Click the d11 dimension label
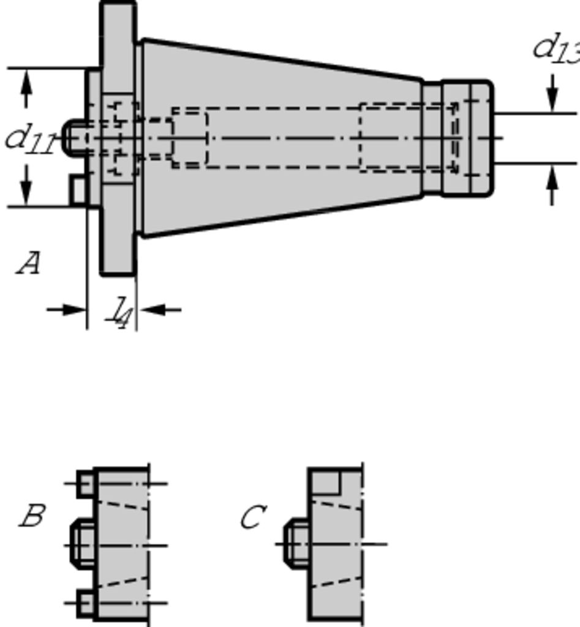click(x=29, y=138)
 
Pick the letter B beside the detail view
click(x=32, y=516)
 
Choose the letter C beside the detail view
click(x=252, y=517)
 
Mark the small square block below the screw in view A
click(x=78, y=190)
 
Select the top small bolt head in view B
click(x=85, y=483)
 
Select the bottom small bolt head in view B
click(x=85, y=603)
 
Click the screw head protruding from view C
click(x=296, y=542)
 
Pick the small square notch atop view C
click(x=325, y=482)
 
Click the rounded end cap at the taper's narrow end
click(x=467, y=138)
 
